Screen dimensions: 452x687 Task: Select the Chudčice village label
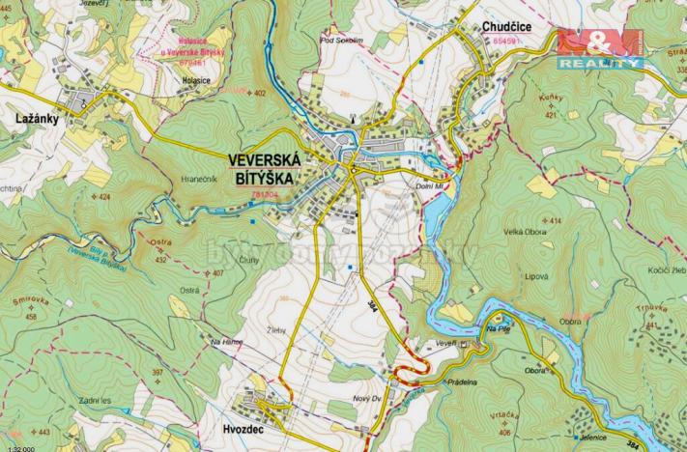[x=510, y=30]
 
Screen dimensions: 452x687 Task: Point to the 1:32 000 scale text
[x=17, y=447]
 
